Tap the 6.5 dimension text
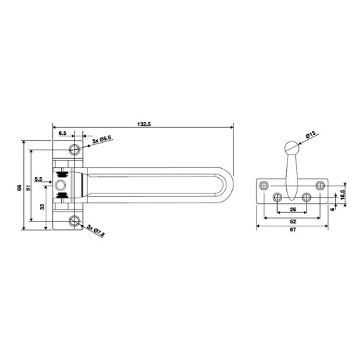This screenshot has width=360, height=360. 63,132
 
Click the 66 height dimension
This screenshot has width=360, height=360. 20,187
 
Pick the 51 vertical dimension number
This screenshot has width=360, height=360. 28,187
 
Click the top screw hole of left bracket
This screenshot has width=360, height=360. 75,148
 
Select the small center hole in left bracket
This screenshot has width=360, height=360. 63,185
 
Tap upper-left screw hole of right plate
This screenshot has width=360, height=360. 264,185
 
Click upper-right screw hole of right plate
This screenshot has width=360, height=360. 321,185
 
